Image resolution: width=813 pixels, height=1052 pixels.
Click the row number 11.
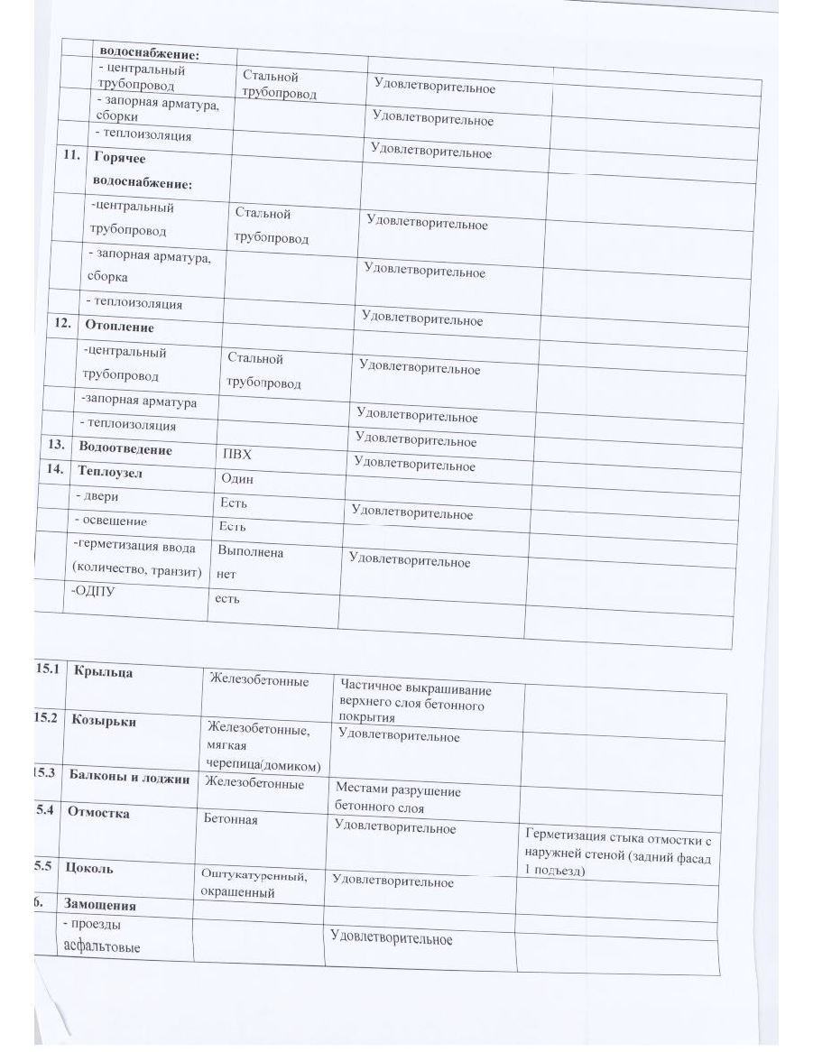click(x=71, y=154)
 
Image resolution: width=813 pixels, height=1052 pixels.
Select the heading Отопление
click(x=118, y=327)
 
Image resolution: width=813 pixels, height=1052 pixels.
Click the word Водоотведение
click(x=125, y=448)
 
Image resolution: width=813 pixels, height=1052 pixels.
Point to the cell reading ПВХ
click(x=236, y=454)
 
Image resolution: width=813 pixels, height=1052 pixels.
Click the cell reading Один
click(x=236, y=478)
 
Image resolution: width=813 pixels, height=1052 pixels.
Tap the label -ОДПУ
click(x=93, y=590)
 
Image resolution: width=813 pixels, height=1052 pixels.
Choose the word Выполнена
click(x=250, y=551)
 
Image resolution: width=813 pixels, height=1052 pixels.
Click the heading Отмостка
click(x=100, y=813)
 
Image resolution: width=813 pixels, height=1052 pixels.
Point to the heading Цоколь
click(x=89, y=869)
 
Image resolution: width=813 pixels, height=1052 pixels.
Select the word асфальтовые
click(x=103, y=946)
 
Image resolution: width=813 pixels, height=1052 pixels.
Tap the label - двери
click(x=97, y=497)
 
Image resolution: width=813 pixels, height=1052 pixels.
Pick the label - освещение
click(x=111, y=521)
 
